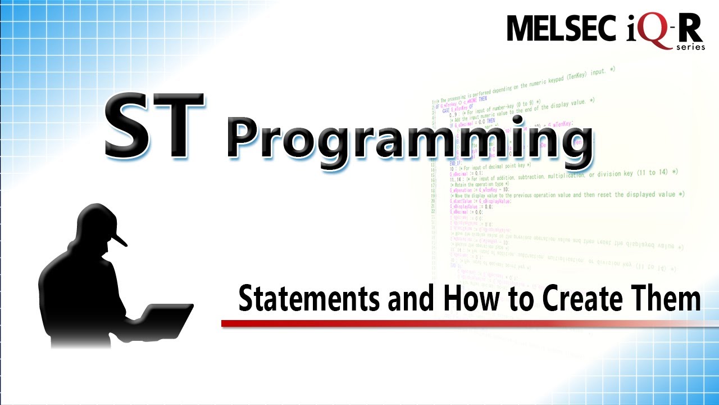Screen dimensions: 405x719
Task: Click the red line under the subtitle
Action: coord(449,323)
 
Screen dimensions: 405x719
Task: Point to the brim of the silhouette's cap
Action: coord(120,238)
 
